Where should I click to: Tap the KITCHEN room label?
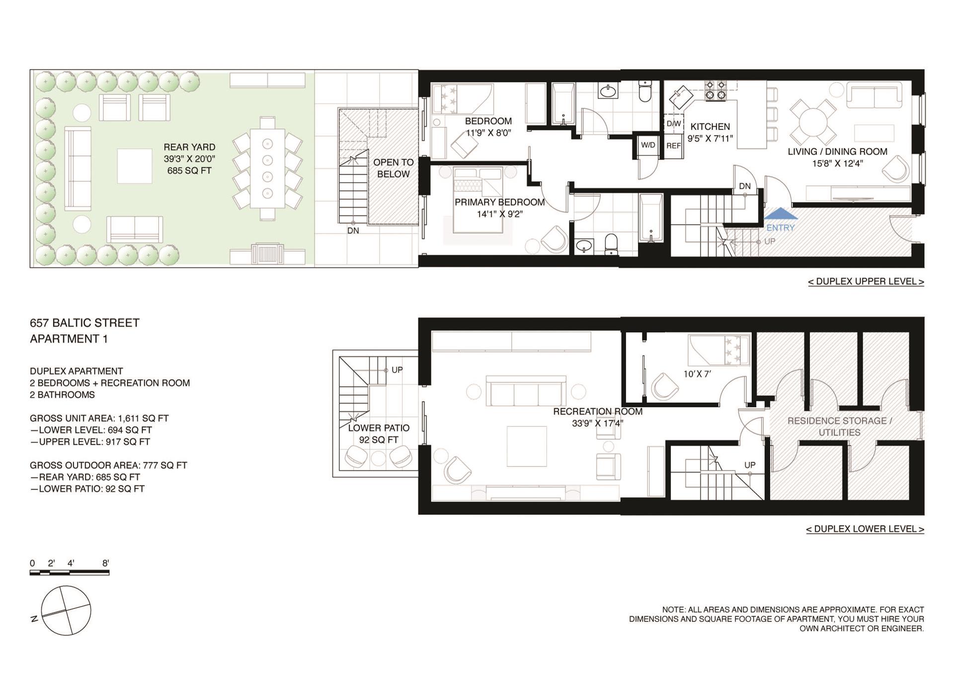coord(710,127)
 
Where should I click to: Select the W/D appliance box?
coord(648,146)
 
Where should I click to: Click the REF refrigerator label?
coord(674,146)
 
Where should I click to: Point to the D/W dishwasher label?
coord(674,124)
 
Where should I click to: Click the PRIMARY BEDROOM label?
coord(500,202)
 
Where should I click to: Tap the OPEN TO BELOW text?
coord(394,168)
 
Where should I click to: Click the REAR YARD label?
coord(189,147)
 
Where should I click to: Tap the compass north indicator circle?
coord(66,610)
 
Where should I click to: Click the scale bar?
coord(70,573)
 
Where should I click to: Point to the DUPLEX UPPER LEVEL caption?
coord(866,282)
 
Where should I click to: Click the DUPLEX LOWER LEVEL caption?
coord(865,529)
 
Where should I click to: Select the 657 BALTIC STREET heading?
coord(84,323)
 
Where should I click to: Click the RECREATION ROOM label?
coord(598,411)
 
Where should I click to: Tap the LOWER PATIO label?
coord(379,428)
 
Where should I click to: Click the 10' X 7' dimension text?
coord(697,374)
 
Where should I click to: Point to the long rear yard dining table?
coord(267,168)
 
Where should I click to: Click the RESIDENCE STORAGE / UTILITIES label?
coord(840,426)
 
